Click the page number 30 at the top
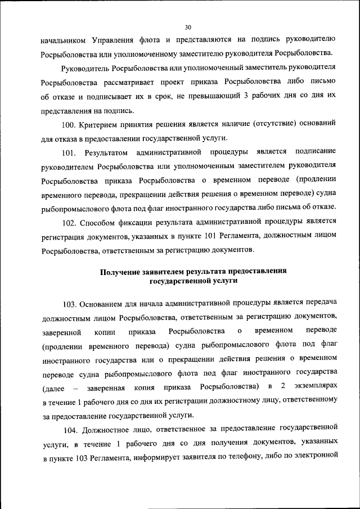[188, 26]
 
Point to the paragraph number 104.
[71, 431]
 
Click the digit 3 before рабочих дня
[246, 97]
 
